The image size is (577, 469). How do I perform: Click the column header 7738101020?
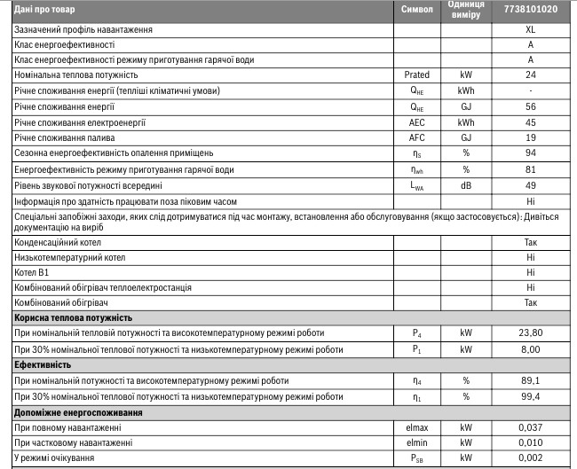click(529, 10)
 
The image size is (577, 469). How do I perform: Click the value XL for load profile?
click(530, 29)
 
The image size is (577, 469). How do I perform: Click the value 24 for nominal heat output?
click(530, 75)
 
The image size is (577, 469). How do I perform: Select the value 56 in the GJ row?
click(530, 106)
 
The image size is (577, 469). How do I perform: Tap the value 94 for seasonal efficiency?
click(530, 152)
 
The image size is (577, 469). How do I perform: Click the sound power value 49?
click(530, 184)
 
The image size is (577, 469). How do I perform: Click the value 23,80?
click(530, 333)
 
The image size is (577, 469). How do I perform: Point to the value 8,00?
click(530, 349)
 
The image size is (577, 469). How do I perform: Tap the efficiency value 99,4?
click(530, 396)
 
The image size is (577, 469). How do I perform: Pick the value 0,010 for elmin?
click(530, 442)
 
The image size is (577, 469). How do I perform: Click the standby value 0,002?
click(530, 458)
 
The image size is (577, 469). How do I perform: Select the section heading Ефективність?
click(43, 364)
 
